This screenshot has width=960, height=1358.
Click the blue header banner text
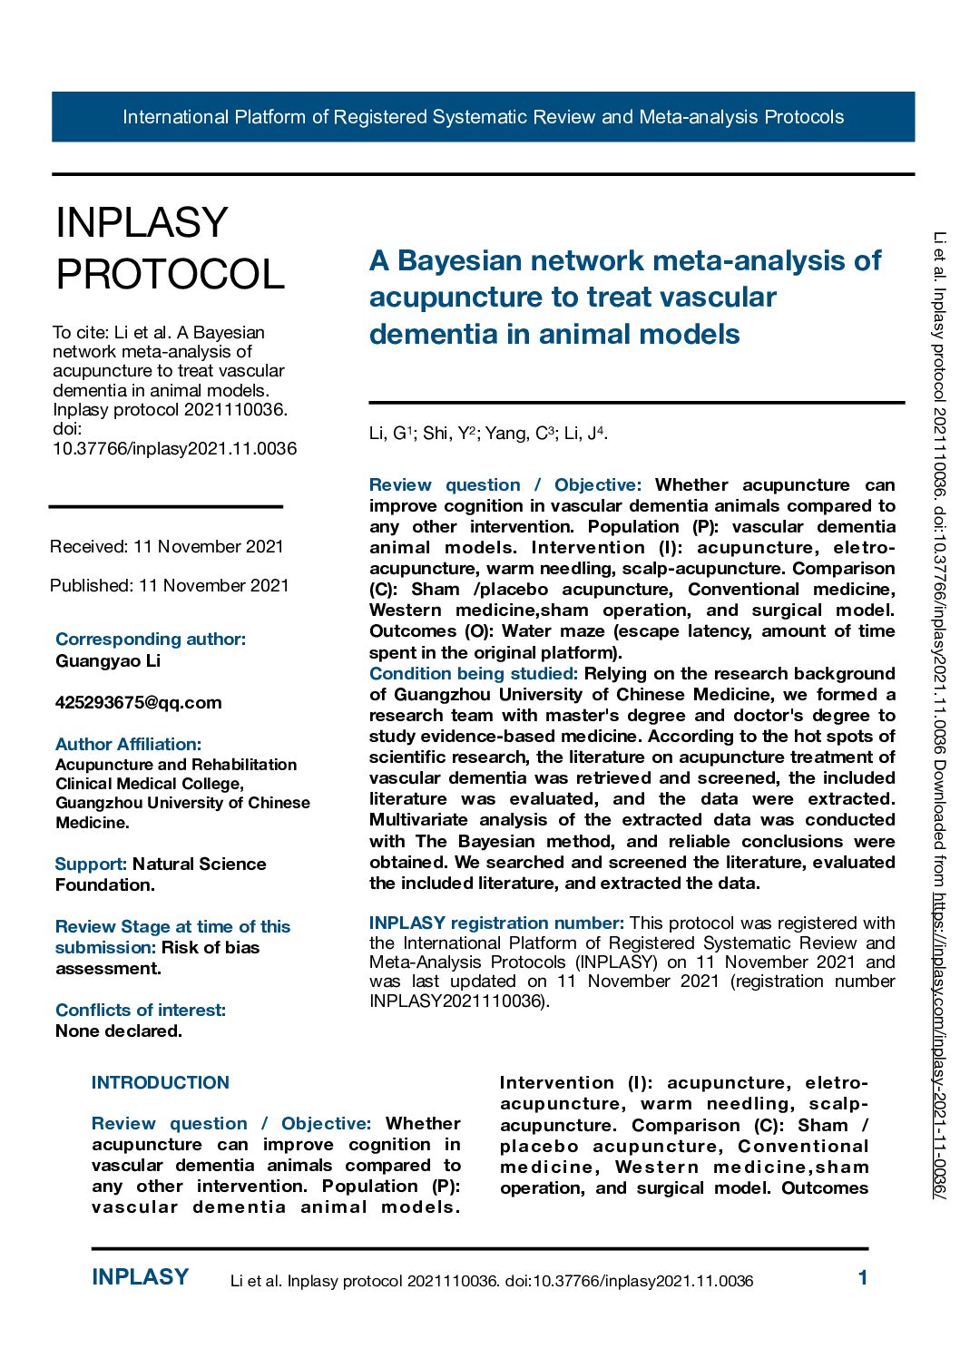pyautogui.click(x=483, y=117)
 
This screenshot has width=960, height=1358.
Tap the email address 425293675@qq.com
pyautogui.click(x=138, y=702)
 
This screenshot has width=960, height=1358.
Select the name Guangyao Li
pyautogui.click(x=108, y=660)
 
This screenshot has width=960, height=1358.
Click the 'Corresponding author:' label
pyautogui.click(x=151, y=639)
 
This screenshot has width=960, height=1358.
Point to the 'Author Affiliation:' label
pyautogui.click(x=128, y=744)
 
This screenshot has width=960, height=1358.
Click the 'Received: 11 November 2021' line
pyautogui.click(x=167, y=546)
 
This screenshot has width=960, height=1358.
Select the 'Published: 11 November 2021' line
pyautogui.click(x=170, y=585)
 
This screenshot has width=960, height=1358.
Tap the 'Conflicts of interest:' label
pyautogui.click(x=141, y=1010)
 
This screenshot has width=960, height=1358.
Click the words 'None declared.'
pyautogui.click(x=119, y=1031)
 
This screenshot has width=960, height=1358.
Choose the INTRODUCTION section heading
pyautogui.click(x=161, y=1082)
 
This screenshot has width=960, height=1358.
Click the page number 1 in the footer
pyautogui.click(x=863, y=1278)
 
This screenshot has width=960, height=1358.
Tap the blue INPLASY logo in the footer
pyautogui.click(x=140, y=1277)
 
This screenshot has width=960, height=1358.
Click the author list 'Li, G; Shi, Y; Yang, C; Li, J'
pyautogui.click(x=488, y=434)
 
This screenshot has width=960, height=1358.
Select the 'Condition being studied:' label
pyautogui.click(x=473, y=673)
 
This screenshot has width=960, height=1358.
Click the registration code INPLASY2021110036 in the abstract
pyautogui.click(x=456, y=1001)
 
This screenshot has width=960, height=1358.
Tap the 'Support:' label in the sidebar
pyautogui.click(x=91, y=864)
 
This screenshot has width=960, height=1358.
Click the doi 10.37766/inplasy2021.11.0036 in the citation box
pyautogui.click(x=174, y=448)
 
